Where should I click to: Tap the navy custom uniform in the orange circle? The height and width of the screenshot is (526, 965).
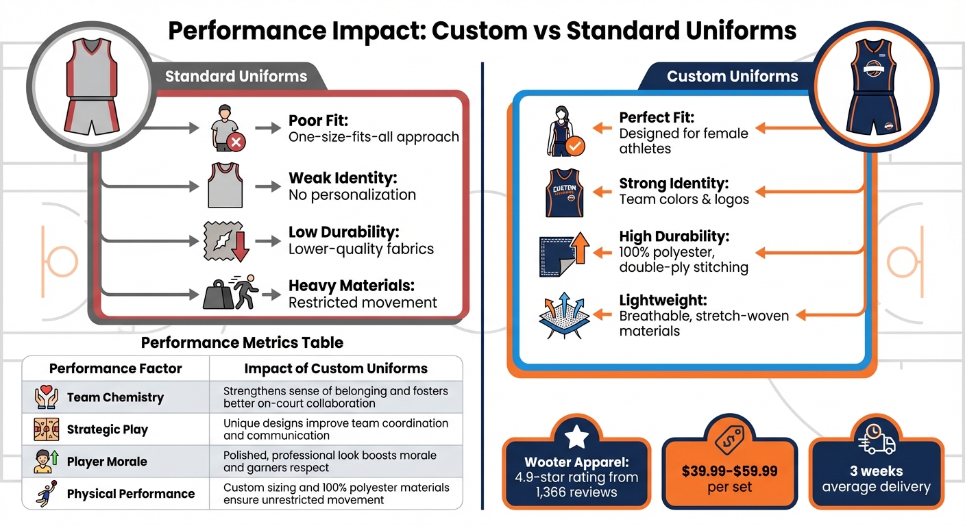coord(871,86)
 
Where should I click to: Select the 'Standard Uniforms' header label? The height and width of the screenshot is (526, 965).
coord(236,76)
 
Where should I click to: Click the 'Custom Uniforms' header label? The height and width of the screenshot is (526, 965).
coord(733,76)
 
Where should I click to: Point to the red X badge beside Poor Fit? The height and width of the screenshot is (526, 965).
coord(236,142)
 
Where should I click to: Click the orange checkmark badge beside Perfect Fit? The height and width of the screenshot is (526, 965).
coord(575,145)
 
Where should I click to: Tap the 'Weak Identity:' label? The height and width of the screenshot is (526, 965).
coord(343,178)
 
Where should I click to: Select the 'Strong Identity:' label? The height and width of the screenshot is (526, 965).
coord(674,184)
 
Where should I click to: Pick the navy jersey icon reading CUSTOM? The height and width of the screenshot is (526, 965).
coord(564,192)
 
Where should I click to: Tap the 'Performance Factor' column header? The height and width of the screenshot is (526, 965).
coord(116,368)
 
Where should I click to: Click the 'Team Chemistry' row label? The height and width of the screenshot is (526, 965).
coord(115,397)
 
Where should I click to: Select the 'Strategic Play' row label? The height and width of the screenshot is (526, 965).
coord(108,429)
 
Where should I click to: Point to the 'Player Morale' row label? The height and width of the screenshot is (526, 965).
coord(107,462)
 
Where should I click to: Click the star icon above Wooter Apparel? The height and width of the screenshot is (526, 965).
coord(576,436)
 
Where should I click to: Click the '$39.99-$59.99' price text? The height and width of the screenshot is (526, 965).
coord(729,471)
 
